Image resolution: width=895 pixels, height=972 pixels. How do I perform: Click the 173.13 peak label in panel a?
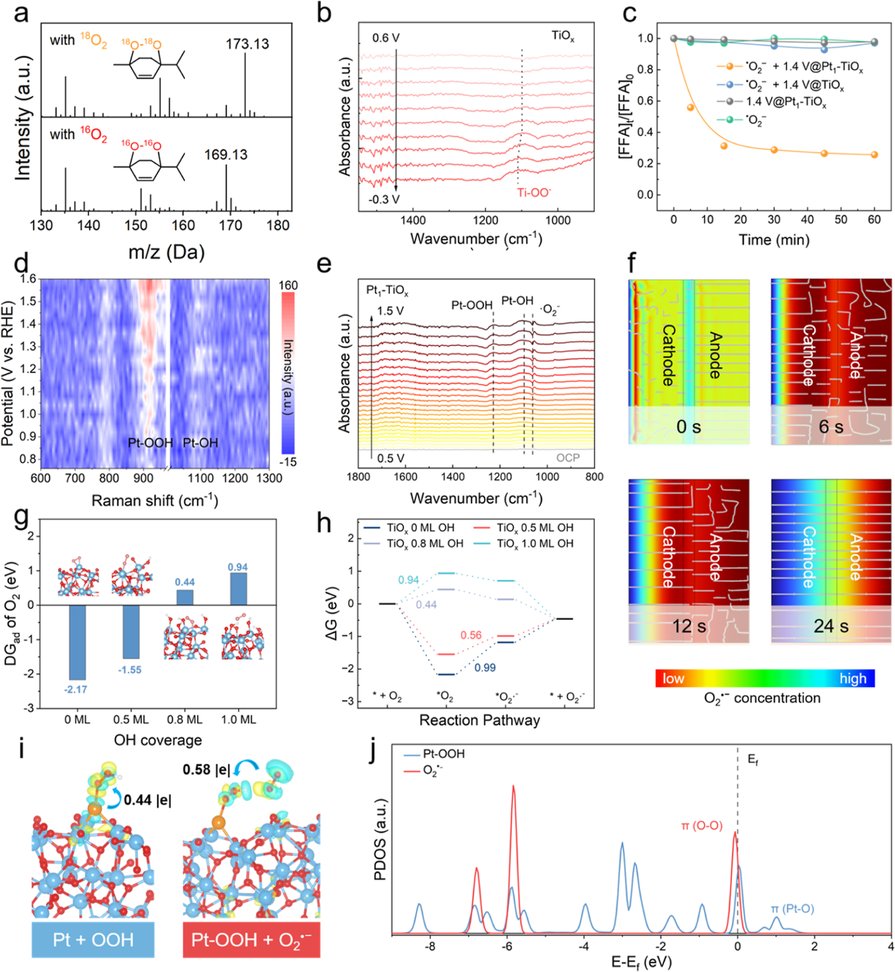click(247, 44)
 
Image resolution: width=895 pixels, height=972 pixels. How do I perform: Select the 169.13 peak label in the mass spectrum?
click(226, 155)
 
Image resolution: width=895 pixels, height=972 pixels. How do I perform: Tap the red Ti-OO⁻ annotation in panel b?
click(534, 193)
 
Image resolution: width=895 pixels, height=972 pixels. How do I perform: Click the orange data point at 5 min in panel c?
click(690, 107)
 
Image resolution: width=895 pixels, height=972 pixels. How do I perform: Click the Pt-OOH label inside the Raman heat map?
click(150, 443)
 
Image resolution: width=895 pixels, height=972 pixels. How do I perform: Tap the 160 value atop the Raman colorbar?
click(288, 286)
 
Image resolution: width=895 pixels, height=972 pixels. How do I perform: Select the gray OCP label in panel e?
click(567, 458)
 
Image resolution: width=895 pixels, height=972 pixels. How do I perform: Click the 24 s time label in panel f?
click(831, 626)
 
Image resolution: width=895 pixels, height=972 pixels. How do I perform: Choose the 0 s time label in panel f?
click(689, 427)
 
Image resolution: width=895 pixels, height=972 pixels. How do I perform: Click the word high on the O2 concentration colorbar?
click(853, 678)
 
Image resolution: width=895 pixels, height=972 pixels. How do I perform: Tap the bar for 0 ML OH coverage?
click(78, 642)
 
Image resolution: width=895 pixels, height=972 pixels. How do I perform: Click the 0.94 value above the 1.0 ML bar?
click(238, 567)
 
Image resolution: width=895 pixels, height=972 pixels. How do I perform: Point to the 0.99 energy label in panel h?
click(485, 668)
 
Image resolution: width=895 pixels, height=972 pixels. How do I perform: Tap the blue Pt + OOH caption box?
click(93, 939)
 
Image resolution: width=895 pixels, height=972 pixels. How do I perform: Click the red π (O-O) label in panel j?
click(702, 825)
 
